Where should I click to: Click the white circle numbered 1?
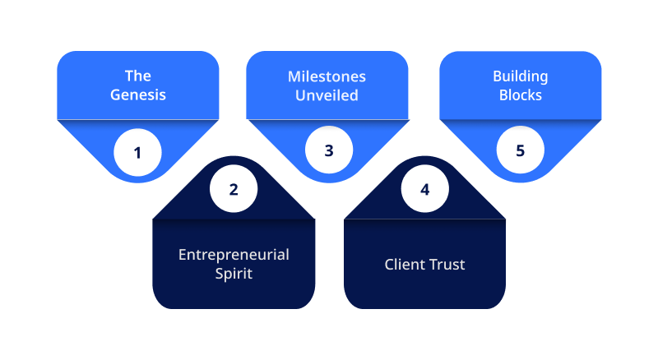pos(137,152)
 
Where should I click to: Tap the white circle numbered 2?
pos(234,189)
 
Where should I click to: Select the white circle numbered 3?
pos(329,150)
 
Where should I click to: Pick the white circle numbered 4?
pos(424,189)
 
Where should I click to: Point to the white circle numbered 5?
pos(521,150)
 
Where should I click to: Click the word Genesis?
pos(138,95)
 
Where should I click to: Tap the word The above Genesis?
pos(138,76)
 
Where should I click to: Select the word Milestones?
pos(327,76)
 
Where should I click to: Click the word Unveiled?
pos(327,95)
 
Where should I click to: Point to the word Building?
pos(521,76)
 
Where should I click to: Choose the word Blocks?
pos(521,95)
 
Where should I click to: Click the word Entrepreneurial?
pos(234,255)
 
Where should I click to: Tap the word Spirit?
pos(234,274)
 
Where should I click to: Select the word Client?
pos(404,265)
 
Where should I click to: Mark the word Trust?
pos(446,265)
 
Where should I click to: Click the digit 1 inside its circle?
pos(137,153)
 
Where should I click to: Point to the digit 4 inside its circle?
pos(425,190)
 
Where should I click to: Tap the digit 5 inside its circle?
pos(521,150)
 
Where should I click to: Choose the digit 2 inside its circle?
pos(234,190)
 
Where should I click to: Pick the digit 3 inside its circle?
pos(329,150)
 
